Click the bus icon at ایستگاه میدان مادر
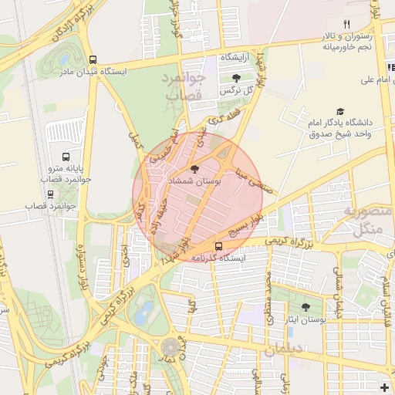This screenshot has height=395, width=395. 93,59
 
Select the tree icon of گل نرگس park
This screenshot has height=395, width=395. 236,78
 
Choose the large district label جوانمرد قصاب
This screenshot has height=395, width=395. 183,86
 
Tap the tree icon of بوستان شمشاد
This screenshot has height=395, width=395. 194,167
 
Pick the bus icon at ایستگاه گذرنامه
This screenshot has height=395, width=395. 218,247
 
